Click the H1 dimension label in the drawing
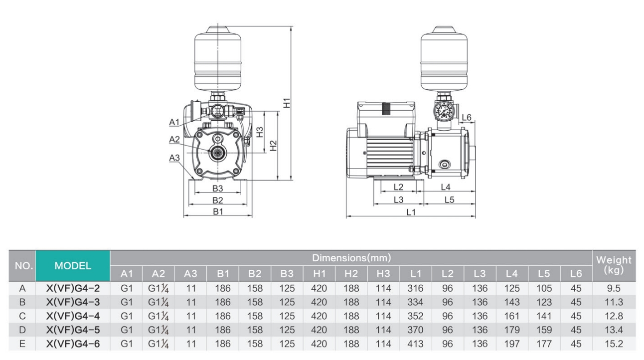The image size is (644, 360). pyautogui.click(x=287, y=103)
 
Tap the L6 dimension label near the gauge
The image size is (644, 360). pyautogui.click(x=467, y=117)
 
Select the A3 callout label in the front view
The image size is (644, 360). pyautogui.click(x=174, y=158)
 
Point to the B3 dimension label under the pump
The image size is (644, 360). pyautogui.click(x=217, y=189)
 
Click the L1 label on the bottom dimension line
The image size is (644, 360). pyautogui.click(x=411, y=212)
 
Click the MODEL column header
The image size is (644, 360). pyautogui.click(x=72, y=266)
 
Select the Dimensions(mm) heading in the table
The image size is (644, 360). pyautogui.click(x=351, y=258)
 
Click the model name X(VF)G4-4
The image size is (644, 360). pyautogui.click(x=72, y=315)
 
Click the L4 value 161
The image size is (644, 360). pyautogui.click(x=512, y=315)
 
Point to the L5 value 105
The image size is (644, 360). pyautogui.click(x=544, y=288)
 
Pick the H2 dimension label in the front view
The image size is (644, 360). pyautogui.click(x=273, y=146)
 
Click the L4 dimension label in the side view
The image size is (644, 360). pyautogui.click(x=445, y=187)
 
